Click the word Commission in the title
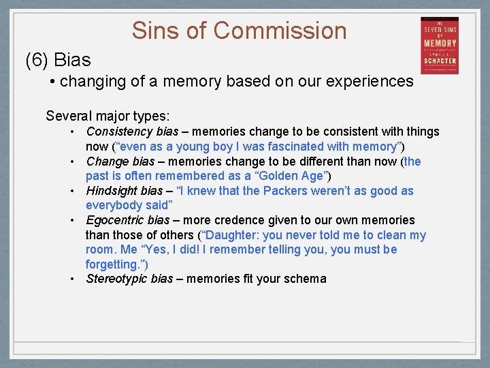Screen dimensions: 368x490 tap(280, 31)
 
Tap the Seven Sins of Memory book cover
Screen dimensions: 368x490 tap(439, 45)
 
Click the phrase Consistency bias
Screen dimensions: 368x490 tap(132, 132)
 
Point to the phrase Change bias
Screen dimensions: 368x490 tap(120, 162)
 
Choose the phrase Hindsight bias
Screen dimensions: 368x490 tap(125, 191)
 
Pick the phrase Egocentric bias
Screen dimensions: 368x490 tap(128, 220)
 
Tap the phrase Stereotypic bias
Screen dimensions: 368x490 tap(129, 279)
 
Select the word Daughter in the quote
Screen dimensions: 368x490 tap(233, 235)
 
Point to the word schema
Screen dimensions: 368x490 tap(307, 279)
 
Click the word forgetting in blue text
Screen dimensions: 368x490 tap(112, 264)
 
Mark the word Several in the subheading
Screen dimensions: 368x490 tap(67, 115)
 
